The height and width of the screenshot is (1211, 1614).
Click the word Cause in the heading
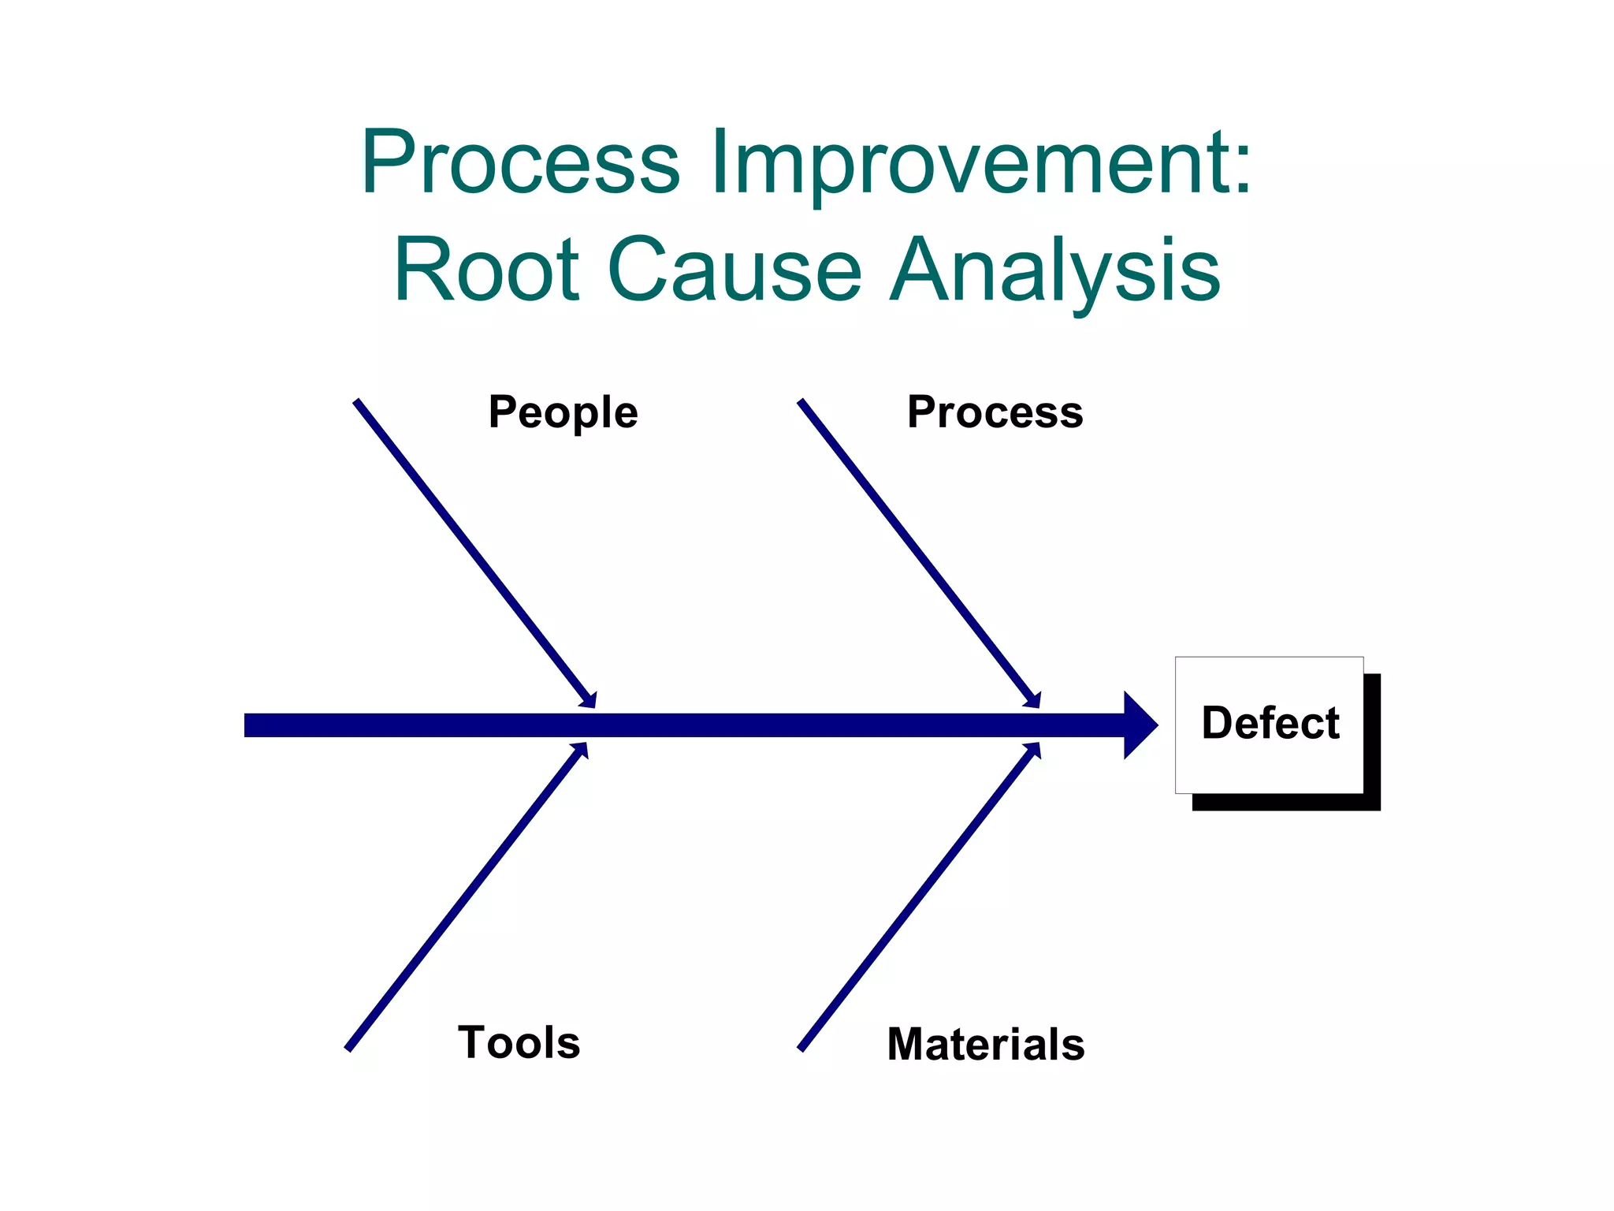(734, 270)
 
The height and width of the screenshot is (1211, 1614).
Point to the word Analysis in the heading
(1055, 270)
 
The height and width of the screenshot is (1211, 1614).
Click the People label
(563, 412)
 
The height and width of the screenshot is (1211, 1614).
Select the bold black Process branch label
(995, 412)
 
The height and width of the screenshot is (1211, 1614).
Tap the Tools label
(519, 1042)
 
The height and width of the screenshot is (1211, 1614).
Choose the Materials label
(985, 1044)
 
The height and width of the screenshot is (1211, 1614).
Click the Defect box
(1269, 724)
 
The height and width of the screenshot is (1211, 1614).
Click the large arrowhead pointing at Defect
(1140, 725)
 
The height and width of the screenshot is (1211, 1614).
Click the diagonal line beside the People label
(473, 552)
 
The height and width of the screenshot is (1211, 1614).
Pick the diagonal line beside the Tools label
(465, 899)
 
